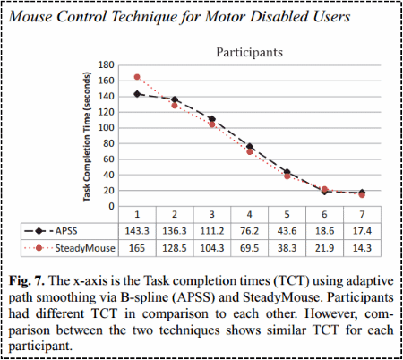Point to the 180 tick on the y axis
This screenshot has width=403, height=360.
[107, 65]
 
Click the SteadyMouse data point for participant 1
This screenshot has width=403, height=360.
[138, 77]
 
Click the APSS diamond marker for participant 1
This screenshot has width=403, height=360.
[138, 94]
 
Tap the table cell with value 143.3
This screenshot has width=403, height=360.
[138, 231]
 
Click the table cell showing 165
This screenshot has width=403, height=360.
[138, 246]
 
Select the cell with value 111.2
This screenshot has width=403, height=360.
[212, 231]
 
